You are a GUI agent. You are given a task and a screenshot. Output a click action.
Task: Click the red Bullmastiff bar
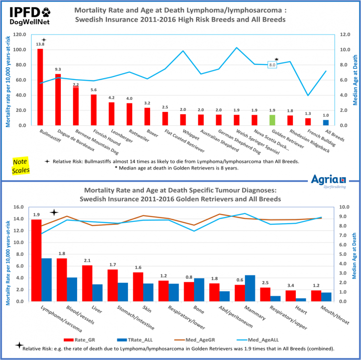click(40, 87)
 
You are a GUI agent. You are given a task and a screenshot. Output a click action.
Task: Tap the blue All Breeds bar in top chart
click(326, 122)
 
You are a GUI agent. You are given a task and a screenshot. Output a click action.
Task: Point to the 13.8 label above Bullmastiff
click(40, 44)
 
